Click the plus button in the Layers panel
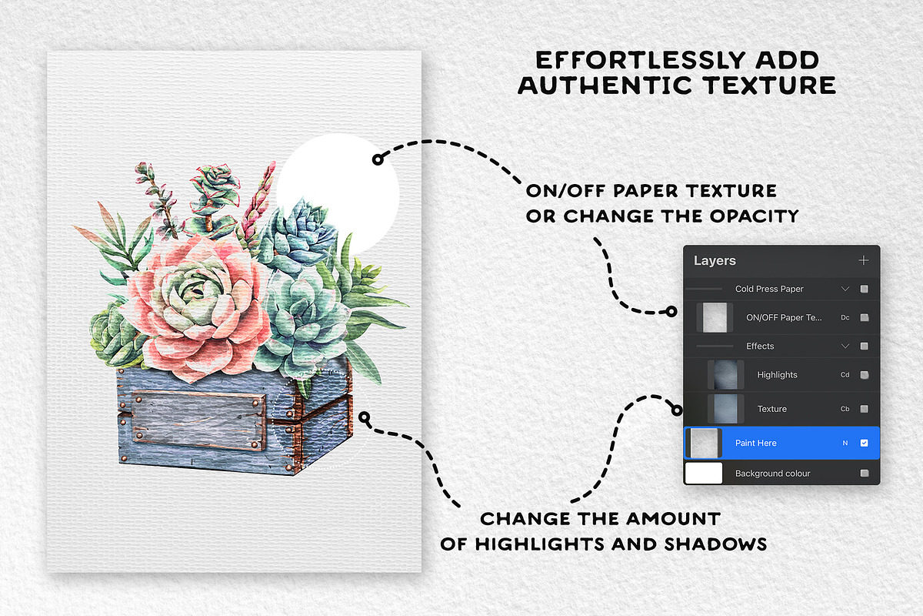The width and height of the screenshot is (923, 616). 863,261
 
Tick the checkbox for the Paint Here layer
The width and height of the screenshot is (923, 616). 864,443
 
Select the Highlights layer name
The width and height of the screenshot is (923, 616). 777,375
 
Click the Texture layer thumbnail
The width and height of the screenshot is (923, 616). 725,408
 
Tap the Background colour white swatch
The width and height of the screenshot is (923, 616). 704,473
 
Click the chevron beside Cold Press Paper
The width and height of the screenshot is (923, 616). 845,289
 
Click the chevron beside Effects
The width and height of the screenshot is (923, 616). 845,346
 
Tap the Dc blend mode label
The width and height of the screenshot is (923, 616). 845,317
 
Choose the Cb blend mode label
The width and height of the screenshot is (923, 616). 845,409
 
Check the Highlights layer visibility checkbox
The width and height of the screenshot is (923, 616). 864,375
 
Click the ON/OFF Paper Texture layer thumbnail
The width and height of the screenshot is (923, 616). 714,316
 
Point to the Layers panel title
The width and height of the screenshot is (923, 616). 715,261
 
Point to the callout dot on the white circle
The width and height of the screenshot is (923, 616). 377,159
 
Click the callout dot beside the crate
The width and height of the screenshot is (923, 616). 365,418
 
